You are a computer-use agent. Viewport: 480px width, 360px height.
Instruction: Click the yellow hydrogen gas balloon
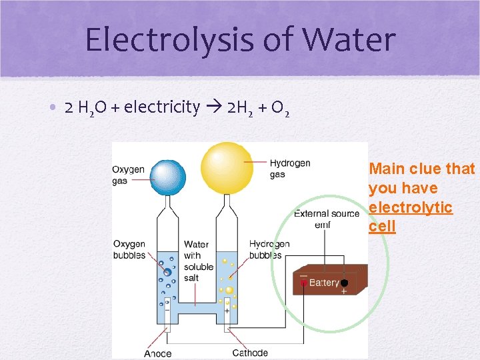click(x=227, y=167)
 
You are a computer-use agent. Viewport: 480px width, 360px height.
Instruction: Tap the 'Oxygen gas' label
click(x=128, y=175)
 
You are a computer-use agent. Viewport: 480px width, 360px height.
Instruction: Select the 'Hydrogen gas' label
click(x=289, y=169)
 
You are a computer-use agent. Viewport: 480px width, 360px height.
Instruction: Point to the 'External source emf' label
click(x=321, y=219)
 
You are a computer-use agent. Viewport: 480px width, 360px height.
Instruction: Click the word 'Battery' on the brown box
click(x=324, y=283)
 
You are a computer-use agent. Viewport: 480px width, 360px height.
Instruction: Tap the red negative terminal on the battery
click(x=304, y=283)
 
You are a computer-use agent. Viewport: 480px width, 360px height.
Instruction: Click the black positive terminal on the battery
click(x=344, y=283)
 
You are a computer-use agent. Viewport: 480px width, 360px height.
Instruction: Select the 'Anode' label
click(x=157, y=353)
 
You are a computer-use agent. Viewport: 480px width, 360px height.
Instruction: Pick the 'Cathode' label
click(x=250, y=353)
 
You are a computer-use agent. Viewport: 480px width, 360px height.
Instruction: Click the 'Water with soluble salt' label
click(x=198, y=261)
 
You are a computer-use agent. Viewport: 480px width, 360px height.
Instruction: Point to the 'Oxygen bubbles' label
click(x=129, y=249)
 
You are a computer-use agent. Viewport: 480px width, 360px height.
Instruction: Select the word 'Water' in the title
click(x=347, y=40)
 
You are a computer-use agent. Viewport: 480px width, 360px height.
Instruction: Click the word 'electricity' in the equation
click(x=162, y=107)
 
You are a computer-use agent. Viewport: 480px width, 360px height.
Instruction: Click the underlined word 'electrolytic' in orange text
click(x=411, y=207)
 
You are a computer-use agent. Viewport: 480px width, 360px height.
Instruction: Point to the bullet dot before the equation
click(x=51, y=107)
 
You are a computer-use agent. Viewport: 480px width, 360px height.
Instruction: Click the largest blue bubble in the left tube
click(x=167, y=272)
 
